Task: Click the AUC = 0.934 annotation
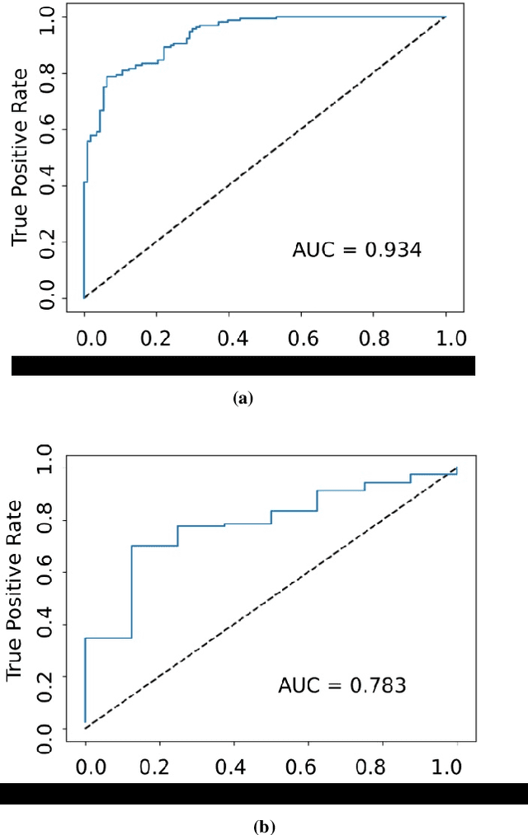pos(356,249)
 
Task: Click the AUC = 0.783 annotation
pos(342,685)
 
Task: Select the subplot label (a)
pos(242,398)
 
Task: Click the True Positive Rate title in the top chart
pos(21,157)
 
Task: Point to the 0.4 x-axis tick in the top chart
pos(229,338)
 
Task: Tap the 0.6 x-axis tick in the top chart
pos(300,338)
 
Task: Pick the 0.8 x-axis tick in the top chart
pos(373,338)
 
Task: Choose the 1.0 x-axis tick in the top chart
pos(445,338)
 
